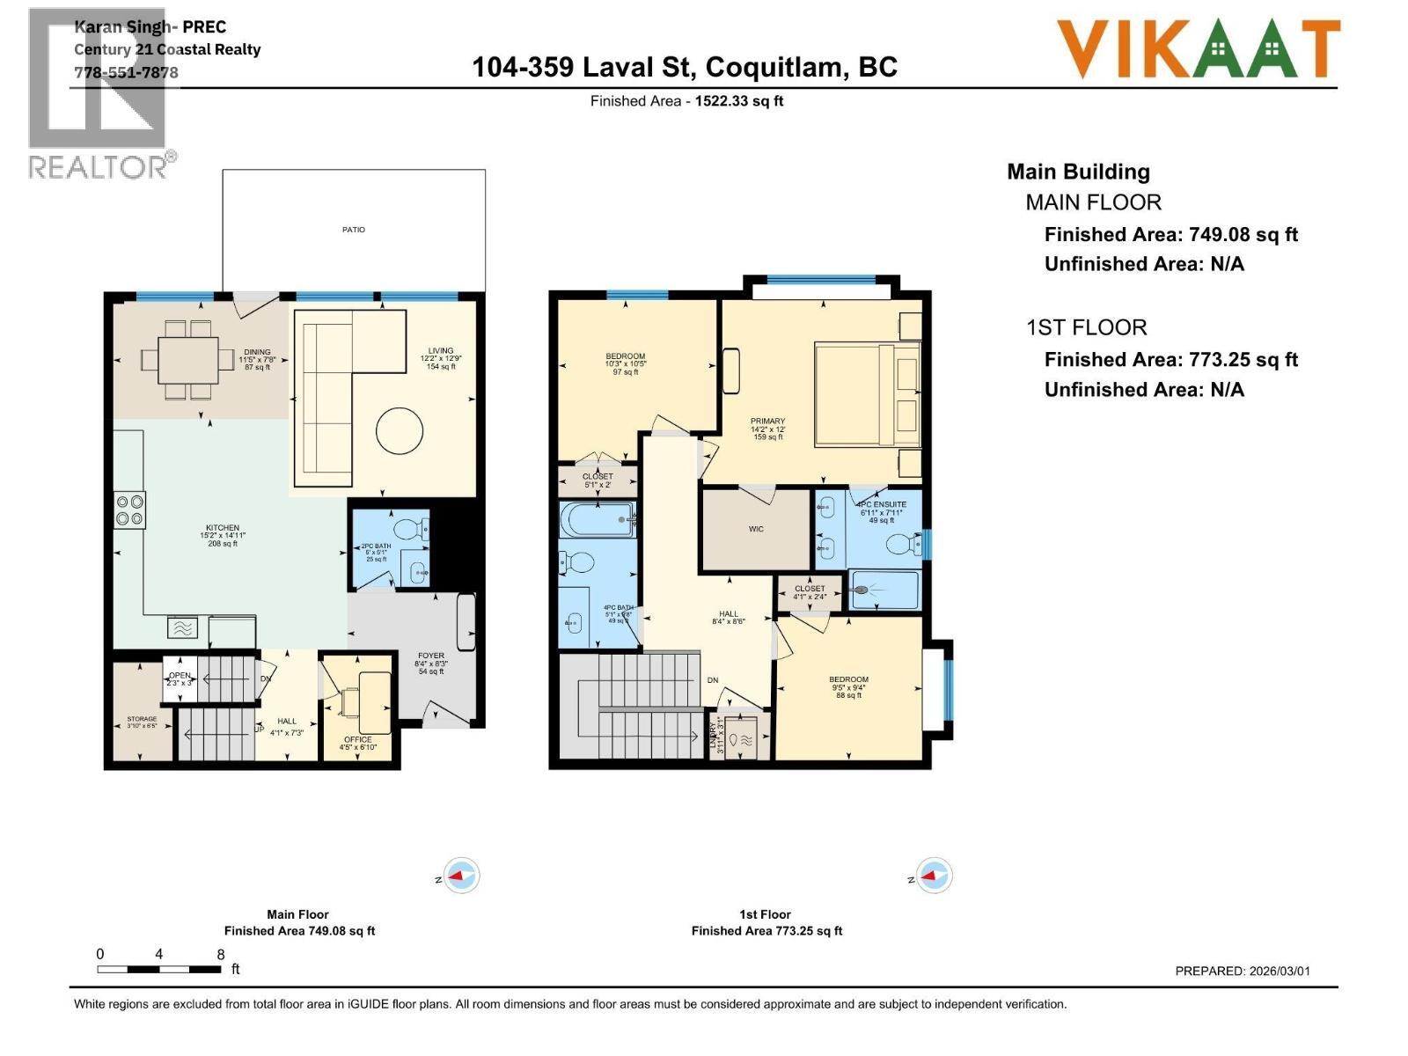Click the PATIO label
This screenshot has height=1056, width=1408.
pyautogui.click(x=354, y=230)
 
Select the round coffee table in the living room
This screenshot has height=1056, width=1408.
pyautogui.click(x=400, y=431)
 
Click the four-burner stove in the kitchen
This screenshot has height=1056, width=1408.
pyautogui.click(x=130, y=510)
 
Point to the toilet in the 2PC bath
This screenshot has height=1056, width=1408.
pyautogui.click(x=408, y=530)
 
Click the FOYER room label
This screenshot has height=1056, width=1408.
pyautogui.click(x=431, y=663)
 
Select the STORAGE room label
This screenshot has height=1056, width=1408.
pyautogui.click(x=142, y=722)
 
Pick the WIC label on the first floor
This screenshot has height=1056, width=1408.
pyautogui.click(x=756, y=529)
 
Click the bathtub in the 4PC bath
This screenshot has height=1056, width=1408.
pyautogui.click(x=598, y=520)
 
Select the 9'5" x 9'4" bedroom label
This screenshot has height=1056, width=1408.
pyautogui.click(x=848, y=686)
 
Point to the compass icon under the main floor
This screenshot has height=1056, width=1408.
pyautogui.click(x=461, y=876)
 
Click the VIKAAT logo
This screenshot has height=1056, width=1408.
pyautogui.click(x=1198, y=49)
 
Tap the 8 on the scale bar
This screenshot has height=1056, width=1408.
pyautogui.click(x=221, y=954)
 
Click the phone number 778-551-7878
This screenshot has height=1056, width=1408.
pyautogui.click(x=126, y=72)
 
